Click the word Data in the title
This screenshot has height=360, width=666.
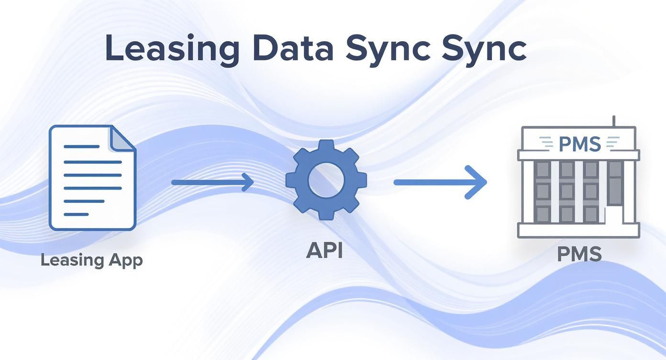[293, 48]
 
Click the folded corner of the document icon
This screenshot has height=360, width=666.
[122, 138]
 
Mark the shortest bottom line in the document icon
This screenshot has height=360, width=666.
[76, 214]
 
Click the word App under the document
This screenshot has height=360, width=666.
[125, 261]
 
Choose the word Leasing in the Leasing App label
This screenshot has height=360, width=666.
[72, 261]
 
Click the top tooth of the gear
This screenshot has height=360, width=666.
[326, 146]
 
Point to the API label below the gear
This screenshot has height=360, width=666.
[324, 250]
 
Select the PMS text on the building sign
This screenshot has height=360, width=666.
[579, 143]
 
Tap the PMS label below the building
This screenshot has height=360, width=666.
[579, 254]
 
